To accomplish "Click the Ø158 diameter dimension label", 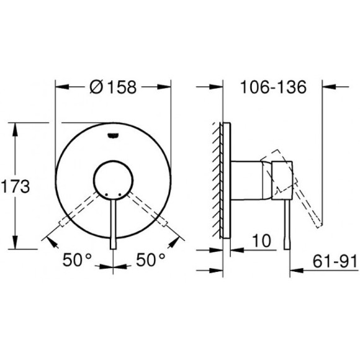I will (114, 88).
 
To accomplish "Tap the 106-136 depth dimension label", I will (272, 88).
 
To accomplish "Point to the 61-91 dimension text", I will (335, 262).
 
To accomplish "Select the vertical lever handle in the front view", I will (112, 223).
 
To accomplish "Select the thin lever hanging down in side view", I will (286, 223).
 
